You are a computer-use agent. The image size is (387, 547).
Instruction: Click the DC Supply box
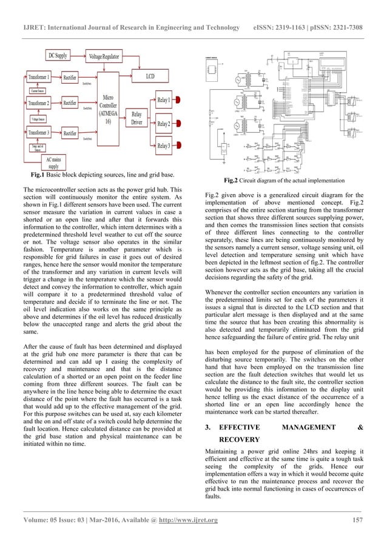pos(58,56)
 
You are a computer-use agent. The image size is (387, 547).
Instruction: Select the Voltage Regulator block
pos(104,56)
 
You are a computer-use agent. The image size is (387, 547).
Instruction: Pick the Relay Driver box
pos(136,118)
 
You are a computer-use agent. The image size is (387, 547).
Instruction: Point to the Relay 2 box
pos(163,124)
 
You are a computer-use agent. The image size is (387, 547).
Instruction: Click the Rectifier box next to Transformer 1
pos(70,78)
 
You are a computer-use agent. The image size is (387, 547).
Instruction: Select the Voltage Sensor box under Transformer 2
pos(36,119)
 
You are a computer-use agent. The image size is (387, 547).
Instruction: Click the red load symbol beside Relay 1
pos(185,99)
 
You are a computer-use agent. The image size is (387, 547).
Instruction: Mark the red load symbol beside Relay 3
pos(185,146)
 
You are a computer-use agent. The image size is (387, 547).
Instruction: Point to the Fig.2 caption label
pos(231,180)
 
